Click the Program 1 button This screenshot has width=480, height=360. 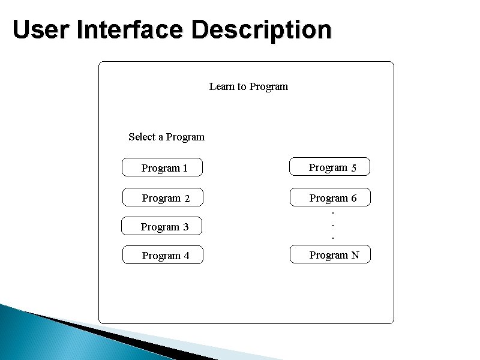coord(162,167)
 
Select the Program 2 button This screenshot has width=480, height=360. coord(163,197)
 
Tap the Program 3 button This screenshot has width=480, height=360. coord(161,226)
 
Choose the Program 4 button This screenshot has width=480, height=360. coord(163,255)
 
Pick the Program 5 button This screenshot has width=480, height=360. coord(330,167)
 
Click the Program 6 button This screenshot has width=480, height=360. coord(331,197)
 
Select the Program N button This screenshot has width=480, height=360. coord(331,254)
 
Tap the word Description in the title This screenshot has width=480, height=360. coord(261,29)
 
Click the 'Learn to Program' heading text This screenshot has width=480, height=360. coord(248,86)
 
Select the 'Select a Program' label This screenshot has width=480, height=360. coord(166,137)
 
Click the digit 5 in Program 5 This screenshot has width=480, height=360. coord(354,168)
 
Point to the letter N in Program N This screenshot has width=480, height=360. coord(355,255)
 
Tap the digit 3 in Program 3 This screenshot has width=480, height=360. coord(185,227)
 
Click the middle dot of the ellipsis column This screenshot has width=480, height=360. coord(333,226)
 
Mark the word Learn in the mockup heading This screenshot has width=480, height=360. coord(221,86)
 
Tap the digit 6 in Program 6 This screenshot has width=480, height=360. coord(353,198)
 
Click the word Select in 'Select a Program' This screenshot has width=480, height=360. coord(142,137)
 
